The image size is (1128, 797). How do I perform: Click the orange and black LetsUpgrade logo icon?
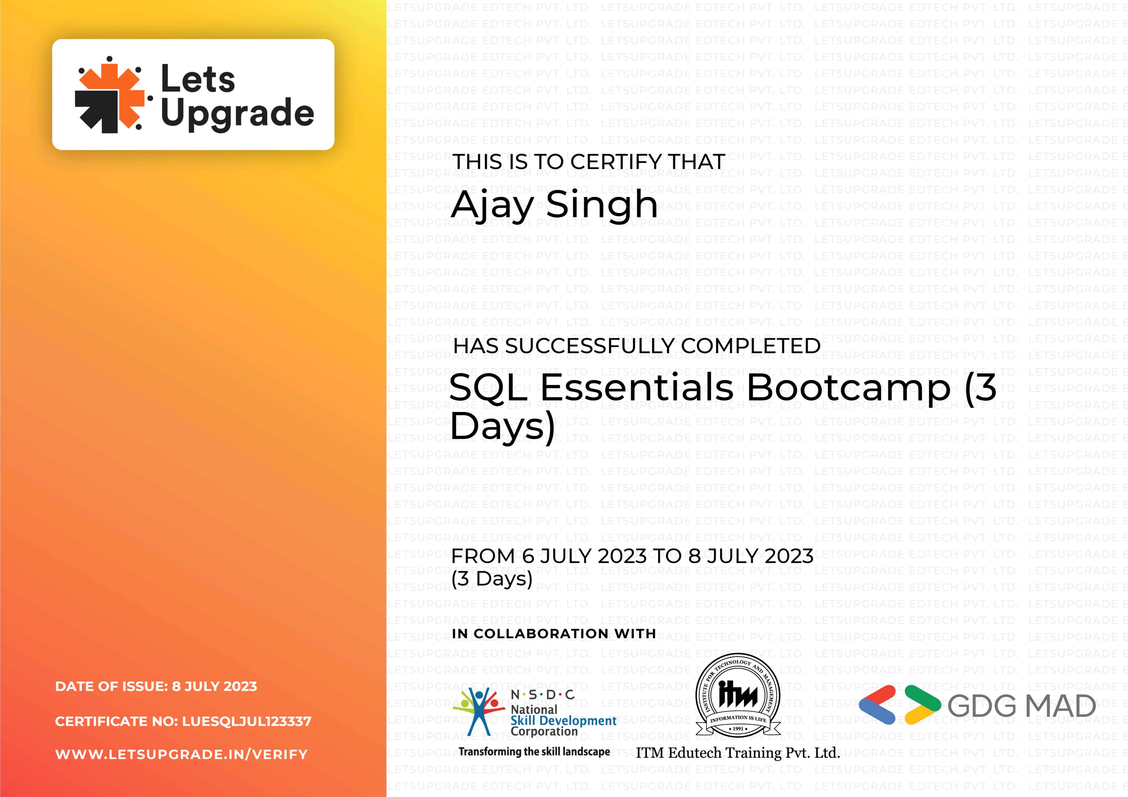tap(110, 94)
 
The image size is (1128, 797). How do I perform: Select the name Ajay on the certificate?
tap(492, 205)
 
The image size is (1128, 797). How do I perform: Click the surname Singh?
tap(602, 205)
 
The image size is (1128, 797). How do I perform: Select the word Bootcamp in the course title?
tap(849, 388)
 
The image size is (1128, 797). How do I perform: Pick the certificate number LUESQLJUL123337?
tap(247, 721)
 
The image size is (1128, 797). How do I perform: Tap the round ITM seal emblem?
tap(738, 695)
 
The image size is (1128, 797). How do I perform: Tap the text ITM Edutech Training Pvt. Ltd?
tap(738, 753)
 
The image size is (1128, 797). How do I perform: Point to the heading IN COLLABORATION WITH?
tap(554, 634)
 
